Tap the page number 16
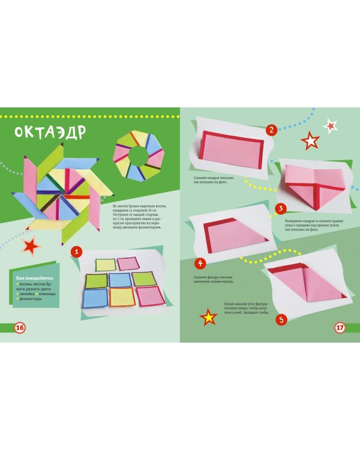[19, 328]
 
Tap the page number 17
[340, 328]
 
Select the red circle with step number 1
[76, 251]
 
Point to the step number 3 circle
[280, 209]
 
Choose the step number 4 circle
[200, 263]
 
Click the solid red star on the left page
[31, 245]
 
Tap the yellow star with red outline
[208, 317]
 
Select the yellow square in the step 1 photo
[106, 264]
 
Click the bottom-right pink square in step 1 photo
[150, 296]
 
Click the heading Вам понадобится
[35, 278]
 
